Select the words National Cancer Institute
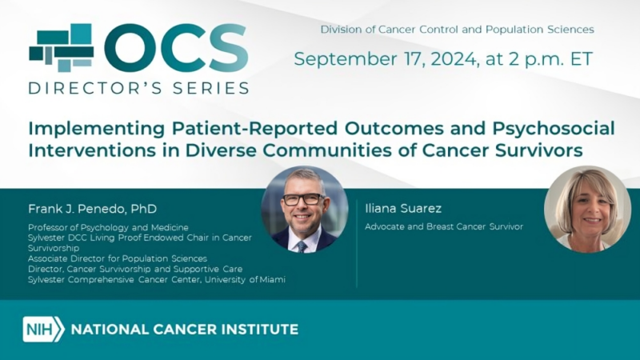185,329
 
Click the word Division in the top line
342,30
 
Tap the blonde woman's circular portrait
587,209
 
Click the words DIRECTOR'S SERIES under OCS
138,88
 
